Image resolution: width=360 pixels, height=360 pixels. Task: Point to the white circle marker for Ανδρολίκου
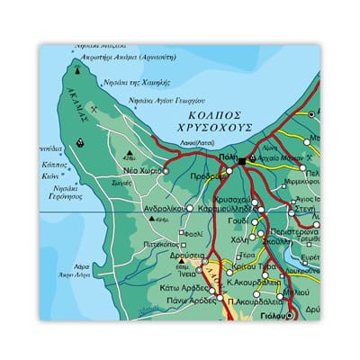[x=189, y=208]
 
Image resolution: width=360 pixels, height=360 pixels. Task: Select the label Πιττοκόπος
[x=157, y=243]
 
